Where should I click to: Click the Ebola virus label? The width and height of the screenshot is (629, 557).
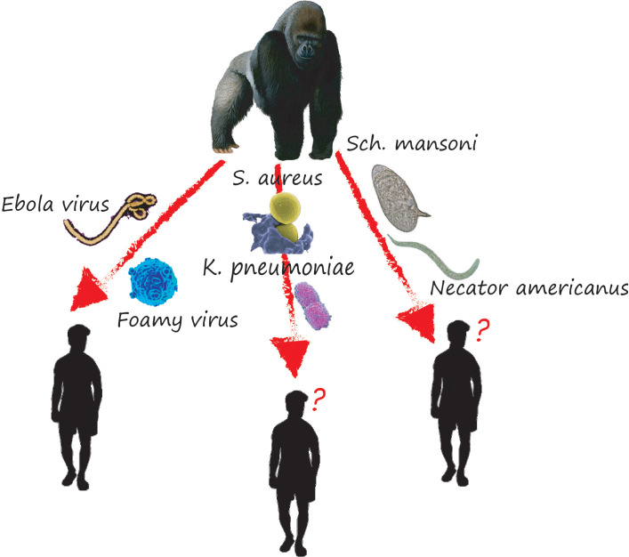point(55,204)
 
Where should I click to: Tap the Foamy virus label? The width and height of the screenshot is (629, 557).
point(178,319)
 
